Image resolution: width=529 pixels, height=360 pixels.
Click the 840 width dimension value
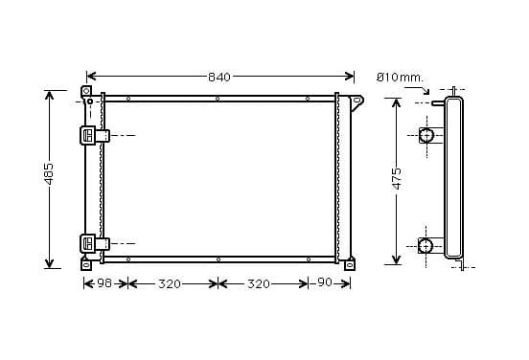pyautogui.click(x=219, y=78)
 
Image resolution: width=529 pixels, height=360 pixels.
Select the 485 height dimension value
pyautogui.click(x=49, y=173)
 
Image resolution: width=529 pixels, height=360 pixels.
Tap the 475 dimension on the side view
pyautogui.click(x=397, y=179)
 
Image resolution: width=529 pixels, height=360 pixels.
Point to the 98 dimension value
pyautogui.click(x=104, y=283)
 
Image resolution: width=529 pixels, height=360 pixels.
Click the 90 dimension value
pyautogui.click(x=325, y=282)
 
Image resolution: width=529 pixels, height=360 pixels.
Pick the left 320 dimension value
pyautogui.click(x=170, y=284)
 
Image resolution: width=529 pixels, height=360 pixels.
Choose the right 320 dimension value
pyautogui.click(x=259, y=284)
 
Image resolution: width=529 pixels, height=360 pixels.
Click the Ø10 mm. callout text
pyautogui.click(x=400, y=78)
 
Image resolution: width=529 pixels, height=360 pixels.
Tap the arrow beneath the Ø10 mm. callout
pyautogui.click(x=418, y=90)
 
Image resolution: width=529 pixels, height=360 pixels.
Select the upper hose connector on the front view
pyautogui.click(x=95, y=135)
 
